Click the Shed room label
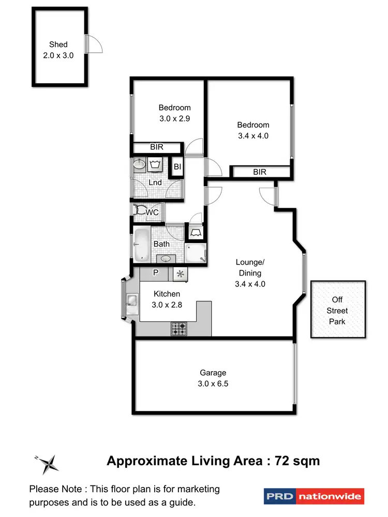pos(58,44)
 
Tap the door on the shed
pos(94,44)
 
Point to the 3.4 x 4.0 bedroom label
pos(253,130)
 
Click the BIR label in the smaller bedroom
pos(157,147)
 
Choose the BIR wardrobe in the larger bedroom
pos(260,172)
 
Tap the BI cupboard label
pos(177,166)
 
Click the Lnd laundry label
pos(155,183)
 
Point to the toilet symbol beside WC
pos(139,211)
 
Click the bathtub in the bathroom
pos(141,246)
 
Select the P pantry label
pos(155,272)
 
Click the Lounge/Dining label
pos(249,268)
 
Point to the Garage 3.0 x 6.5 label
pos(213,378)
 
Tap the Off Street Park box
pos(338,310)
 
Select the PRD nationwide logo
pos(314,497)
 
